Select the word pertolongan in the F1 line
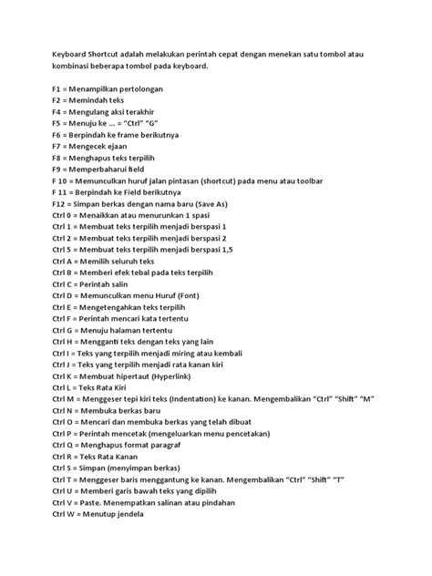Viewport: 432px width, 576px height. click(154, 84)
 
